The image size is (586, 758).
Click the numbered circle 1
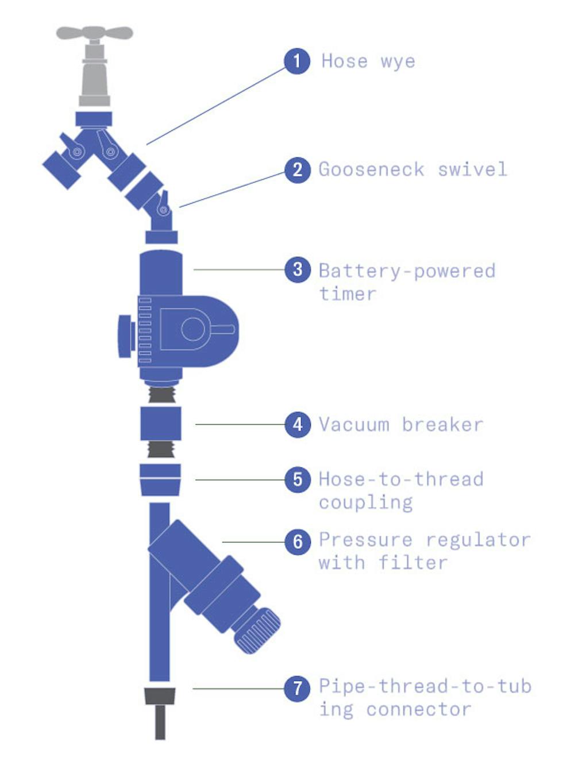point(297,61)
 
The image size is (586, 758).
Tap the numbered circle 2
point(297,169)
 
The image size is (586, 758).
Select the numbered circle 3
point(297,269)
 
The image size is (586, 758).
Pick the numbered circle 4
point(297,424)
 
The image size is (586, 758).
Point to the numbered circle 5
point(297,479)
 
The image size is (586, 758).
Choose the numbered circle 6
point(297,541)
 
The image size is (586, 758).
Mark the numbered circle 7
point(297,687)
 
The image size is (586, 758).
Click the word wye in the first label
point(398,61)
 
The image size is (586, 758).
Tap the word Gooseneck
point(372,170)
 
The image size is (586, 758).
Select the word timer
point(348,294)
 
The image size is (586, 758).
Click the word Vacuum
point(354,425)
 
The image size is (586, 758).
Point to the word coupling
point(366,503)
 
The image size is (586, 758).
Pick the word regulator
point(478,540)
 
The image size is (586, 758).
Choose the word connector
point(419,710)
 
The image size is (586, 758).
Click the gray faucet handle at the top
point(94,33)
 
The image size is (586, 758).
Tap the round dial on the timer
point(193,329)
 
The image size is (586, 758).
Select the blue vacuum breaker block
point(161,424)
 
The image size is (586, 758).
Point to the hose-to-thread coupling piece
point(160,479)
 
